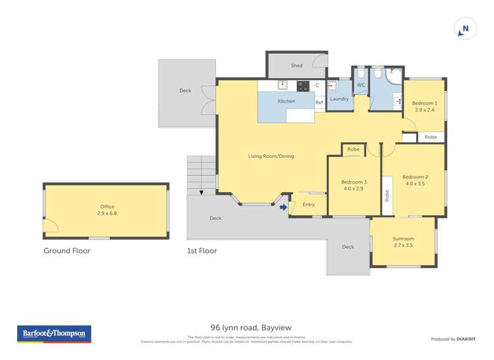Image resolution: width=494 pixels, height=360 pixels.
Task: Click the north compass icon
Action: click(465, 29)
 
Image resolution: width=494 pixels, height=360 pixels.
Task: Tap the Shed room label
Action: click(296, 66)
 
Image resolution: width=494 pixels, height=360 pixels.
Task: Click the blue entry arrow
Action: click(283, 208)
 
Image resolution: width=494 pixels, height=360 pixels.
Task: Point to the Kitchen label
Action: click(286, 101)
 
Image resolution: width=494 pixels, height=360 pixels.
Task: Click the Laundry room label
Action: click(339, 99)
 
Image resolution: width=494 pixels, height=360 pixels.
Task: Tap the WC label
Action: click(361, 86)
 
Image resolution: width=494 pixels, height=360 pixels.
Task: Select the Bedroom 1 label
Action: click(425, 103)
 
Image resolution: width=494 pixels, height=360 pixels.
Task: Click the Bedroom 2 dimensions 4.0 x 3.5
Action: click(416, 184)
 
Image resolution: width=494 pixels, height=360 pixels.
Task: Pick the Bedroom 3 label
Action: click(354, 182)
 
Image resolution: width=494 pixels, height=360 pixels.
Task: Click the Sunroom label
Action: click(403, 238)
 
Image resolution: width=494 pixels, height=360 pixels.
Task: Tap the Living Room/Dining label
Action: click(271, 156)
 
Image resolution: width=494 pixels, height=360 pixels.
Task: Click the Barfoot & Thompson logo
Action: click(54, 334)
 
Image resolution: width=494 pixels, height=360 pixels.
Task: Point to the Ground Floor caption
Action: click(67, 251)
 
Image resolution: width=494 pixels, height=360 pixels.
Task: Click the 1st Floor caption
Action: click(202, 251)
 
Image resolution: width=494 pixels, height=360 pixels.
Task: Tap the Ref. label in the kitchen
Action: click(319, 103)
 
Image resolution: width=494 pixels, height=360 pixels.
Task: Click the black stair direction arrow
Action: click(202, 193)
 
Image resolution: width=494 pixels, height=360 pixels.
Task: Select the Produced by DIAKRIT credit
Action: click(453, 339)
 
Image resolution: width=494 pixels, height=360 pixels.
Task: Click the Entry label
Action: click(308, 205)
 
